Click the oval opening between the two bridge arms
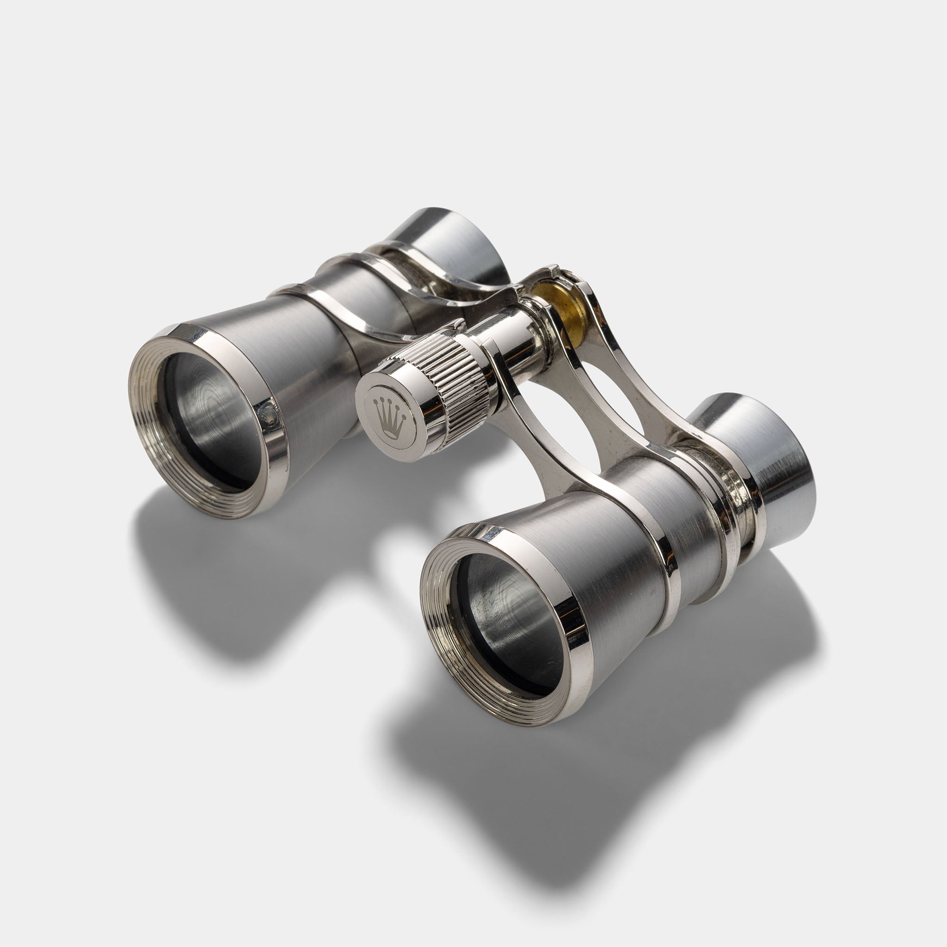coord(603,392)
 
